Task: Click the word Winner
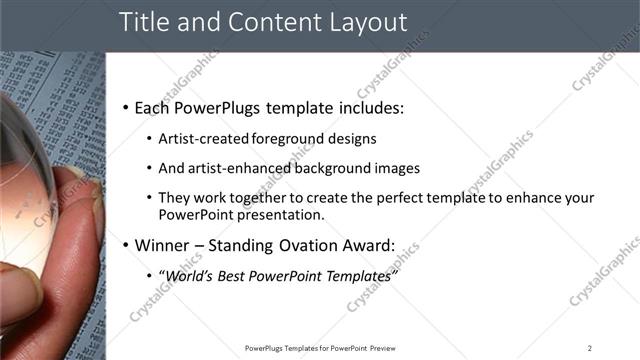point(163,245)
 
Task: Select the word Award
point(365,245)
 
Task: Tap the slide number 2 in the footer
point(589,348)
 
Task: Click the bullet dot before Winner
point(124,245)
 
